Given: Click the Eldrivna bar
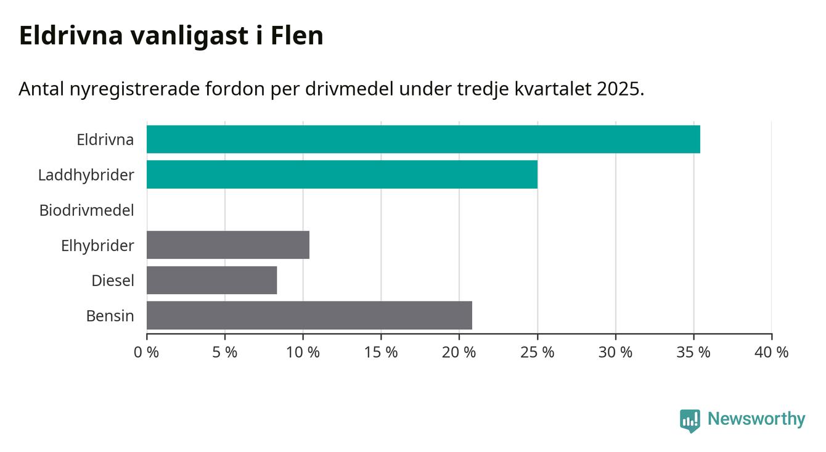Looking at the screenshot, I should tap(423, 139).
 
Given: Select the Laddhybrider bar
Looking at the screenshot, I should tap(341, 175).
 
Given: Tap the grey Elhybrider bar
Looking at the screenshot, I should tap(227, 245).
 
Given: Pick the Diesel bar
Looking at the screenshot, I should tap(211, 280).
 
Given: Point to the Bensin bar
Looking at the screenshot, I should tap(309, 315).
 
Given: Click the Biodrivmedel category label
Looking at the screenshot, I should tap(86, 210).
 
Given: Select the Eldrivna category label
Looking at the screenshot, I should tap(105, 140).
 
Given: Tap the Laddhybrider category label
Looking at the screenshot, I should tap(86, 175).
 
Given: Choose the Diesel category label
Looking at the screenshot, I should tap(112, 281).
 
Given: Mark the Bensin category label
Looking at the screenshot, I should tap(110, 316).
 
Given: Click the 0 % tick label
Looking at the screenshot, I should tap(147, 353).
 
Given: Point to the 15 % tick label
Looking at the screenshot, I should tap(381, 353).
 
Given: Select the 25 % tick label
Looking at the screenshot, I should tap(538, 353).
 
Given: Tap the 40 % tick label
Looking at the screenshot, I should tap(772, 353).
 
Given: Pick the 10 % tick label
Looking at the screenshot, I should tap(303, 353).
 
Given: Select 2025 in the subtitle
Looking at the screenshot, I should tap(619, 89).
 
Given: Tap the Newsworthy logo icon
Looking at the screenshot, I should tap(690, 420).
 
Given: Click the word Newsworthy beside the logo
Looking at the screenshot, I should tap(756, 419).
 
